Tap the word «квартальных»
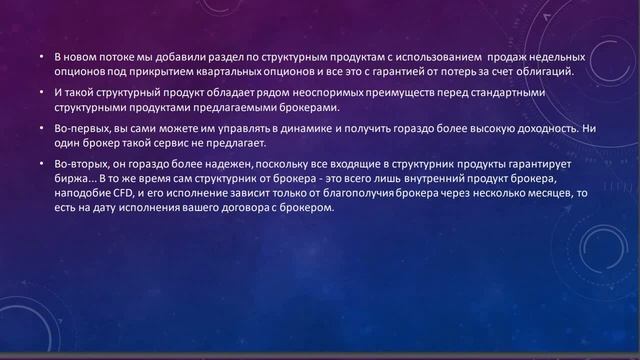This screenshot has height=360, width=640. pos(236,73)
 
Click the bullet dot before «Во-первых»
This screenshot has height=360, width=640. pos(42,129)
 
